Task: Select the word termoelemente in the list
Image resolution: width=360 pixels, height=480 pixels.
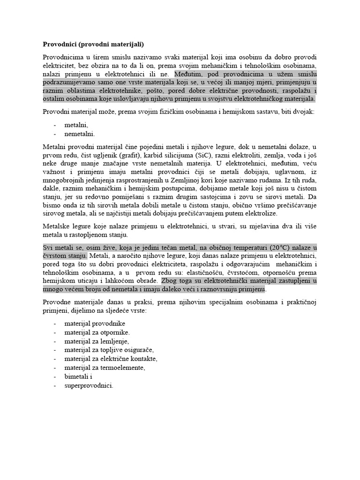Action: click(120, 367)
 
